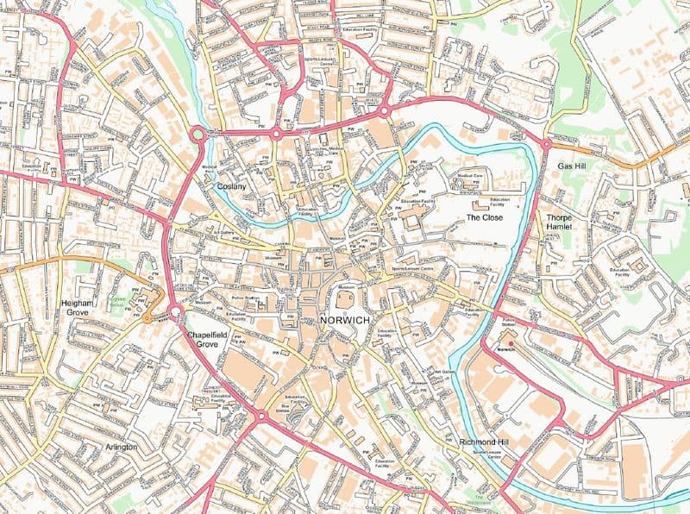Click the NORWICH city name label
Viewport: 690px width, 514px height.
pyautogui.click(x=344, y=320)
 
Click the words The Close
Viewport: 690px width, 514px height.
pyautogui.click(x=484, y=217)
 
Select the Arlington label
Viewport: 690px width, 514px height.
pyautogui.click(x=121, y=447)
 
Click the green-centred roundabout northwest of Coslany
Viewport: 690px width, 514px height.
pyautogui.click(x=198, y=134)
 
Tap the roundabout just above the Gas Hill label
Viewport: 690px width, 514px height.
pyautogui.click(x=547, y=144)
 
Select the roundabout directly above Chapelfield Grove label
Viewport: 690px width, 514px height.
pyautogui.click(x=175, y=311)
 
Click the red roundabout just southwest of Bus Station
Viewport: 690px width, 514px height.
pyautogui.click(x=260, y=417)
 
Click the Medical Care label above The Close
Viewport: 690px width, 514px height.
pyautogui.click(x=470, y=176)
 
